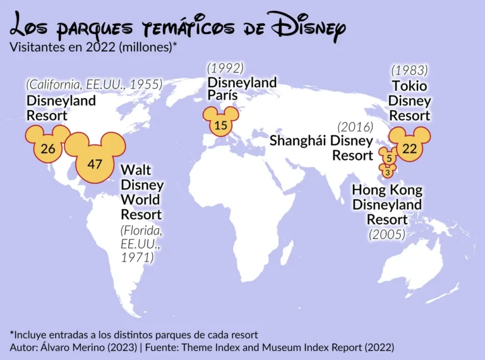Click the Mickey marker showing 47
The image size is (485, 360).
(x=95, y=164)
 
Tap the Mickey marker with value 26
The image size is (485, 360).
(x=47, y=148)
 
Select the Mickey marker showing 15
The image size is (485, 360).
(x=220, y=125)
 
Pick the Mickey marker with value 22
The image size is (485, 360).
(x=410, y=148)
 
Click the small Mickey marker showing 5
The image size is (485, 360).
(x=389, y=158)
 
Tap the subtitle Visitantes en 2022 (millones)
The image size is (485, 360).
(x=92, y=47)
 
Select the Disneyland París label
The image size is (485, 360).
(x=242, y=88)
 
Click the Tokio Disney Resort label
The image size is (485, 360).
(x=409, y=100)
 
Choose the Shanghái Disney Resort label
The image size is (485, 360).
(x=321, y=147)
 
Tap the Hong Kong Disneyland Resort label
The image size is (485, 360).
(x=387, y=205)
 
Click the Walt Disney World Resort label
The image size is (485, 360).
(x=142, y=192)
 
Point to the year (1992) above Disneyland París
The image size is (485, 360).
(x=225, y=68)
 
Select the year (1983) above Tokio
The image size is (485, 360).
(x=409, y=70)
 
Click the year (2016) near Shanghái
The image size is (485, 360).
(x=355, y=126)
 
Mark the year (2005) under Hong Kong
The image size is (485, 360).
(x=386, y=234)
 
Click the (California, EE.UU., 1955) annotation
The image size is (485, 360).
(x=94, y=84)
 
